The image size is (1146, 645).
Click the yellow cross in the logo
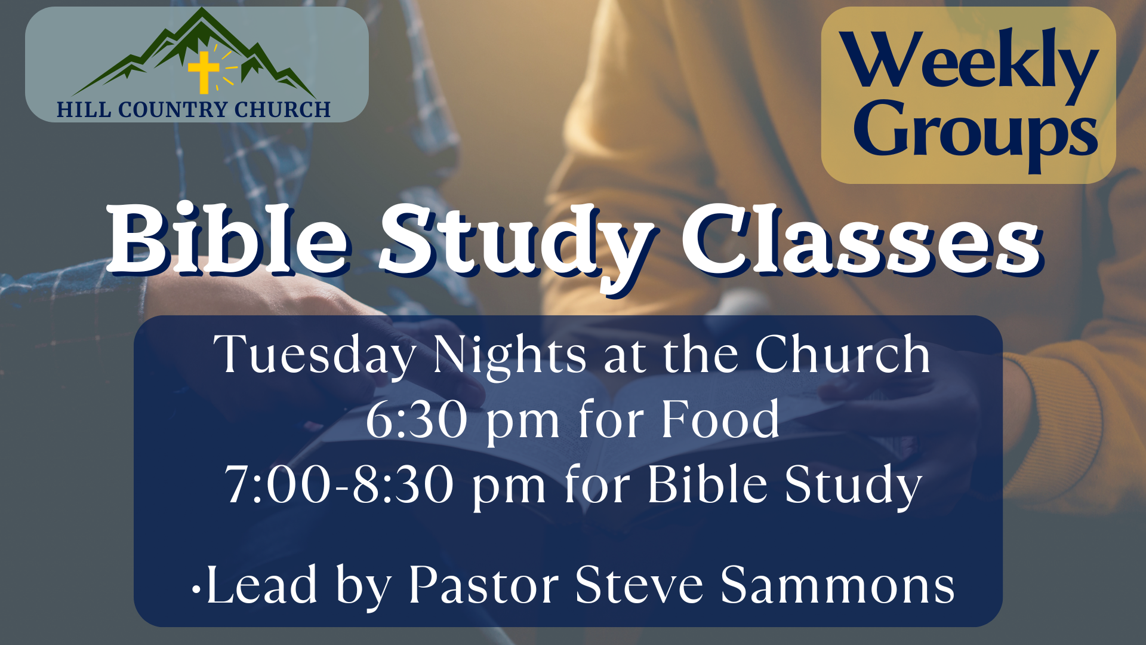[x=204, y=72]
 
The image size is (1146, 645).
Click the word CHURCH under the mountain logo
[x=282, y=110]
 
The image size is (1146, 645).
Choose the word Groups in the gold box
[x=975, y=133]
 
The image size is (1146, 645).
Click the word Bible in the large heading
[x=229, y=239]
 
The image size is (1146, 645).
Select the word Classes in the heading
[x=862, y=239]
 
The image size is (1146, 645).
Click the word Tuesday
[x=315, y=355]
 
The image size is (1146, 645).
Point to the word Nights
[x=510, y=355]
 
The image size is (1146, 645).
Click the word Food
[x=720, y=419]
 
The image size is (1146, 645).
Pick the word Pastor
[x=483, y=585]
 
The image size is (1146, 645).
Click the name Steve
[x=639, y=585]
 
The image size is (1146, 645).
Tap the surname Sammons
[x=837, y=585]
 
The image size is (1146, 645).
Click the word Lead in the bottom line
[x=261, y=585]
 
